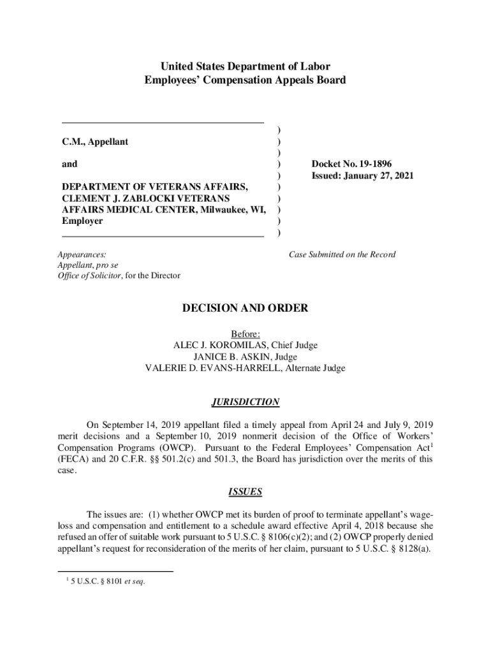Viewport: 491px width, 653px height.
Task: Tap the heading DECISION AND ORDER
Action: click(x=246, y=309)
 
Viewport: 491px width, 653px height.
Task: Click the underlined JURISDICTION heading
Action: click(x=246, y=402)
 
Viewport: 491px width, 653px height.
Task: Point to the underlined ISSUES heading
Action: click(x=246, y=492)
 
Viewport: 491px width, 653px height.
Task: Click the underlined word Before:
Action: click(x=245, y=334)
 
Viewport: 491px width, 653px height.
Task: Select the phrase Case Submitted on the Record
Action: click(x=342, y=254)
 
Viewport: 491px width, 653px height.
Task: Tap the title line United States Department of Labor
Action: click(x=246, y=66)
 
